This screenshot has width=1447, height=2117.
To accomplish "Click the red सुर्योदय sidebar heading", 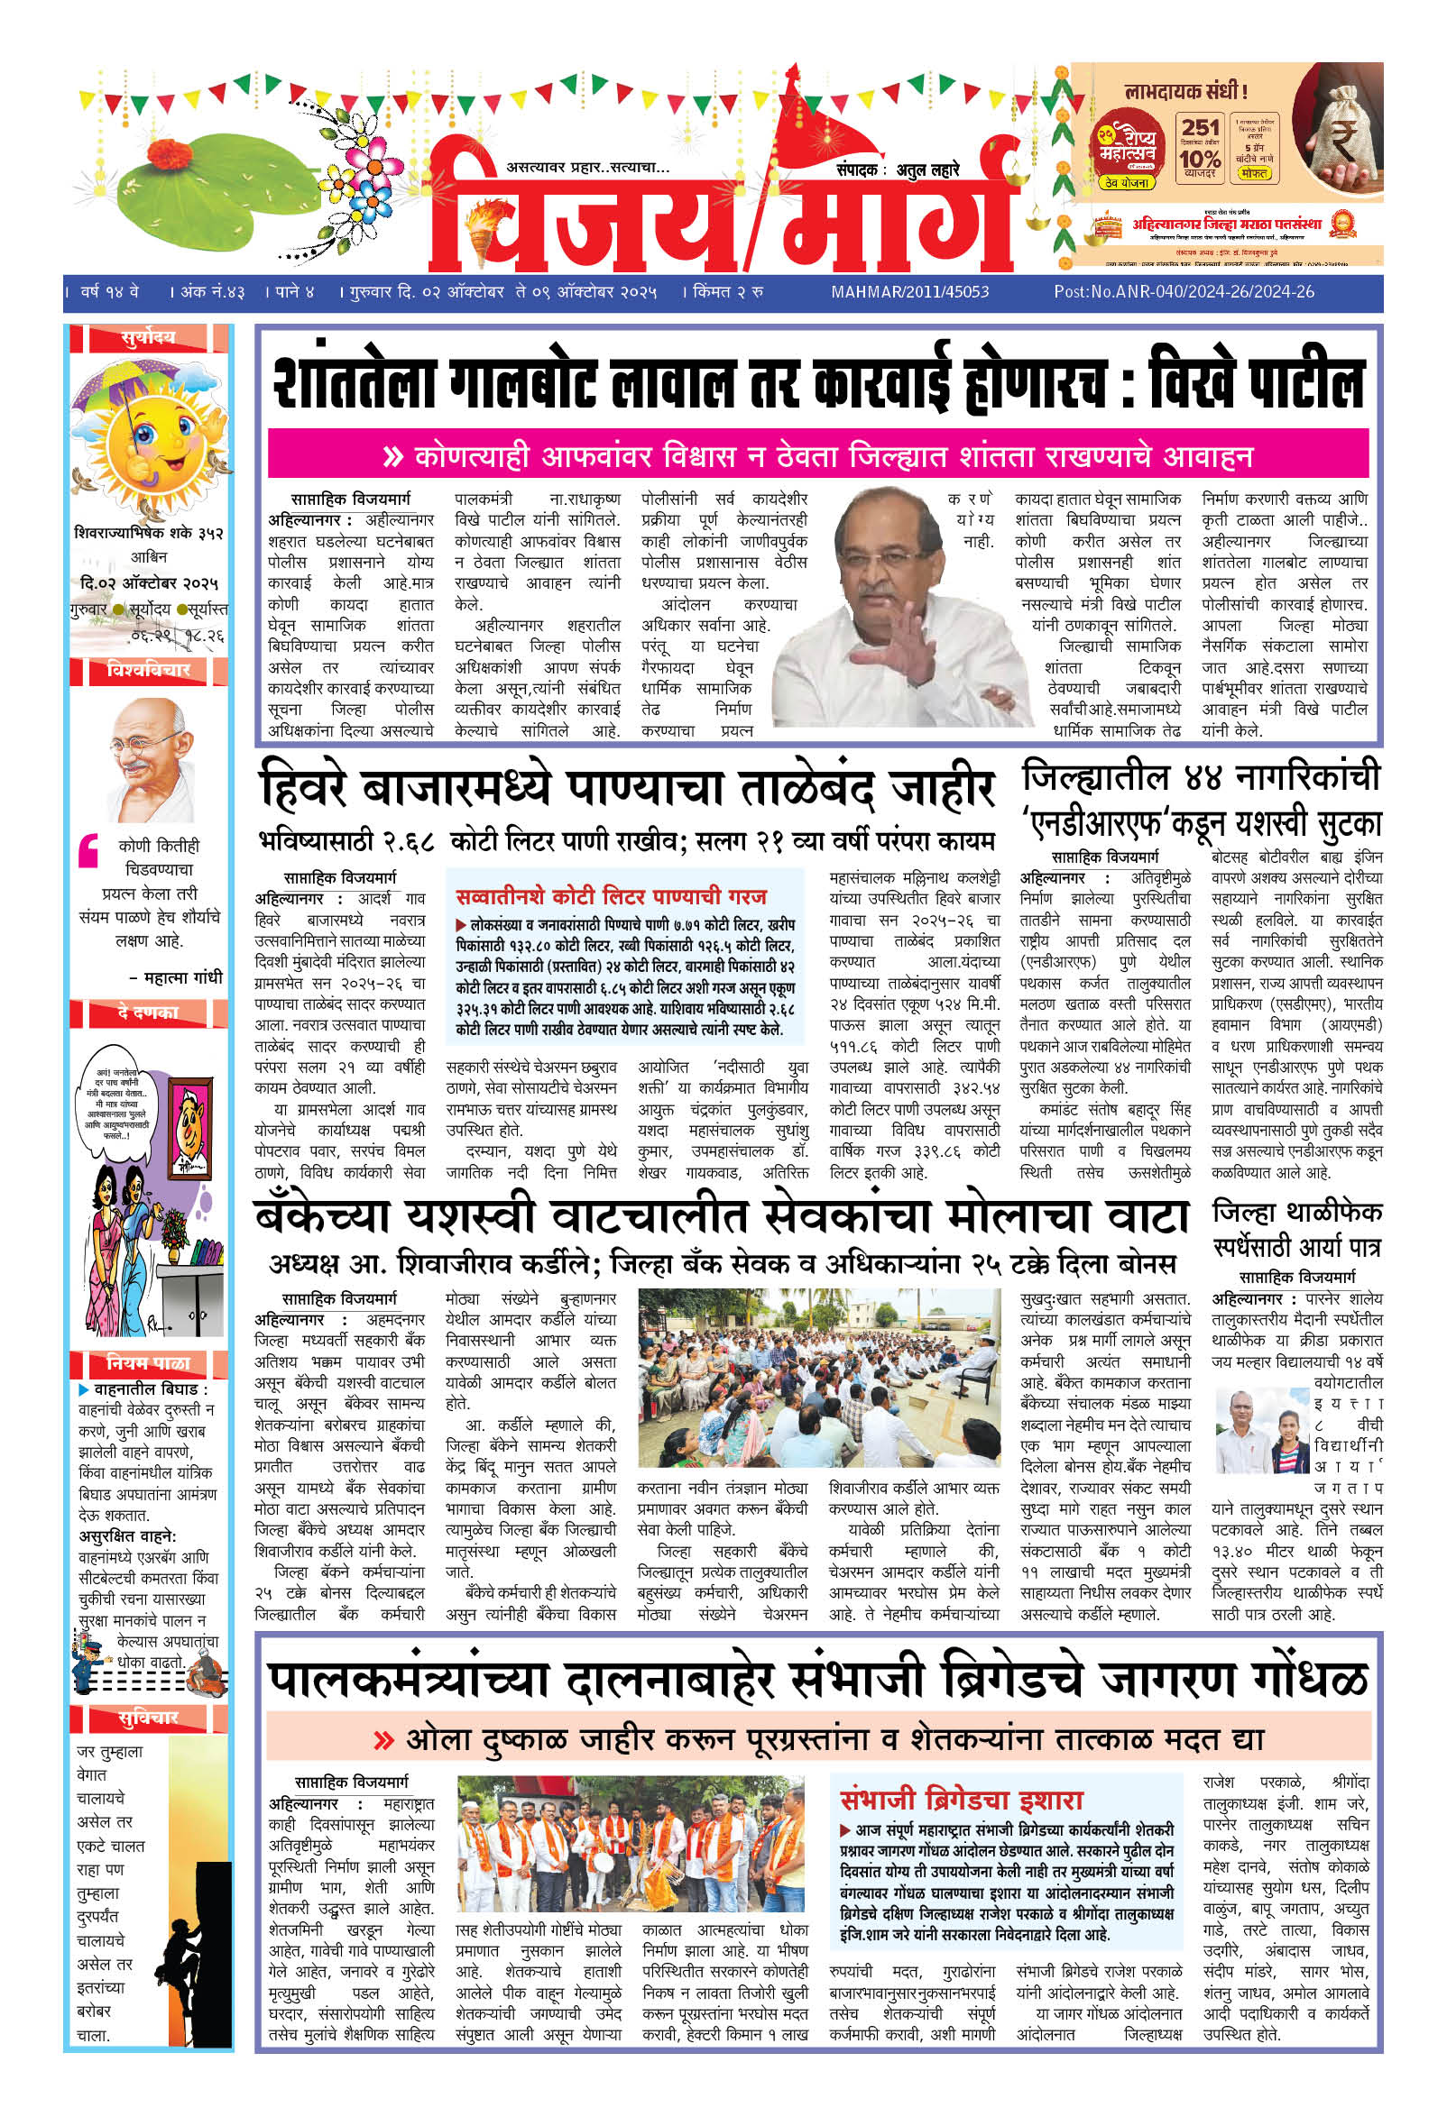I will coord(148,338).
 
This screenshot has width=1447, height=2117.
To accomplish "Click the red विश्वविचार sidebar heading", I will coord(148,670).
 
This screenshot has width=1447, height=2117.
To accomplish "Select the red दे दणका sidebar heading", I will coord(148,1012).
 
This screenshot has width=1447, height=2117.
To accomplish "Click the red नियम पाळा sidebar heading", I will coord(148,1362).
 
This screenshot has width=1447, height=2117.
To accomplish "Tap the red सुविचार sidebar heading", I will coord(148,1718).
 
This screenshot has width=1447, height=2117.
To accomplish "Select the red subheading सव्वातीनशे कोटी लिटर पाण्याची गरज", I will coord(611,896).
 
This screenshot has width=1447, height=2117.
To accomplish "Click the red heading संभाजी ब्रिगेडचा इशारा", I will coord(961,1800).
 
